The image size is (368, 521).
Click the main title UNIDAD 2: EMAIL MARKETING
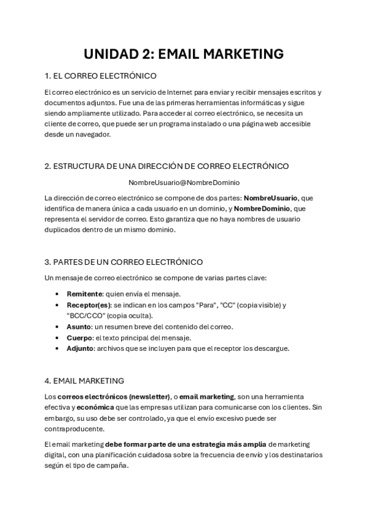click(184, 54)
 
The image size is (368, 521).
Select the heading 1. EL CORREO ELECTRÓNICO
click(101, 76)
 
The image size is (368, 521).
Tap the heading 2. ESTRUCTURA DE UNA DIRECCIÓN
click(166, 166)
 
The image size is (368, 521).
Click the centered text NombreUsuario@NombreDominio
click(184, 182)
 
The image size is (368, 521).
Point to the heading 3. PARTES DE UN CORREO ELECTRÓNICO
click(124, 262)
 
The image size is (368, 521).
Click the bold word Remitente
click(84, 294)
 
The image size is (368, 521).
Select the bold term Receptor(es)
click(88, 305)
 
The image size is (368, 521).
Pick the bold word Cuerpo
click(79, 337)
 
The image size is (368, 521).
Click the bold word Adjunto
click(80, 348)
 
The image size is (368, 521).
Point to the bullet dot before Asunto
click(57, 327)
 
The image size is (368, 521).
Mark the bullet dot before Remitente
click(57, 294)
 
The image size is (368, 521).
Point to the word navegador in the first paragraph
click(92, 135)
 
